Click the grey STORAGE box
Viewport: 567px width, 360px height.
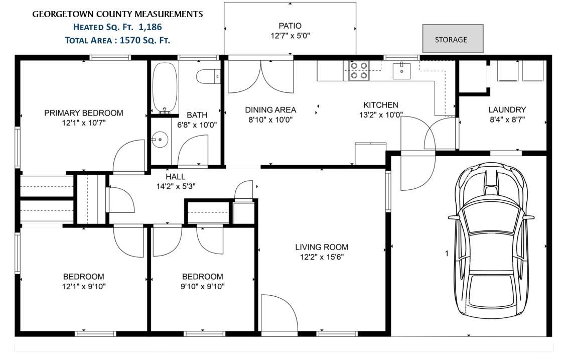[453, 39]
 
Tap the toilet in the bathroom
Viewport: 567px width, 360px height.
[208, 76]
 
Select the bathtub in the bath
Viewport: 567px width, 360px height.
[165, 88]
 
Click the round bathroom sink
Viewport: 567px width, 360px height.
[160, 140]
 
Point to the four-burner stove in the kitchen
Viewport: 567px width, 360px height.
[359, 71]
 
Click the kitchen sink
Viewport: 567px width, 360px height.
[402, 71]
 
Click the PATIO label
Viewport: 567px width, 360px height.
[290, 26]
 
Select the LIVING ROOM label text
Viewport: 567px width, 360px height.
[322, 247]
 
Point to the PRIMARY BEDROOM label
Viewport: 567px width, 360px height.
[83, 113]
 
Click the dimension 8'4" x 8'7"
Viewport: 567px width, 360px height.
[507, 119]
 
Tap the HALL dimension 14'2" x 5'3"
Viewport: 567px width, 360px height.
[176, 187]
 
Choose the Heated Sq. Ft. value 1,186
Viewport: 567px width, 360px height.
[150, 27]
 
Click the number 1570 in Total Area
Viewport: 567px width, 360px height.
[130, 40]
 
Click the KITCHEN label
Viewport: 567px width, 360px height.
[381, 105]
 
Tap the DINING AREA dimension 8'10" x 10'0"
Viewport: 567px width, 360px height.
[270, 120]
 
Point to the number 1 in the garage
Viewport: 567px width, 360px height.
[447, 253]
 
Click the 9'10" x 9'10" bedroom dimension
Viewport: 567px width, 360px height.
[203, 287]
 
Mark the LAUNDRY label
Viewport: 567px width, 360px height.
[507, 109]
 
